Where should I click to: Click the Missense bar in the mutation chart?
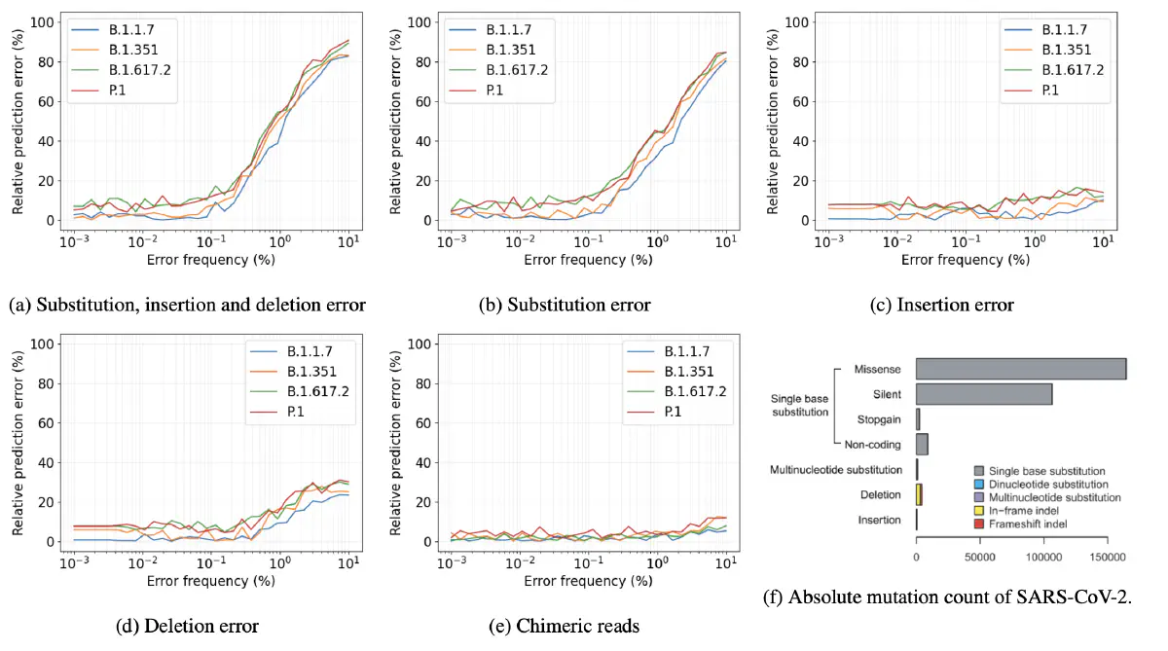coord(1020,369)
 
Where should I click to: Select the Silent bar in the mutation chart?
coord(983,394)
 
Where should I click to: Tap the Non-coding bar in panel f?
coord(922,445)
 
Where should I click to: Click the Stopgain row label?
coord(878,419)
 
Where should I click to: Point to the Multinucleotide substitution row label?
coord(835,470)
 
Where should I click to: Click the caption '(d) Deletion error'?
coord(187,626)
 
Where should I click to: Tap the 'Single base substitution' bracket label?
coord(798,406)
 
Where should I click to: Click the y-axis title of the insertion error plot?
coord(773,114)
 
